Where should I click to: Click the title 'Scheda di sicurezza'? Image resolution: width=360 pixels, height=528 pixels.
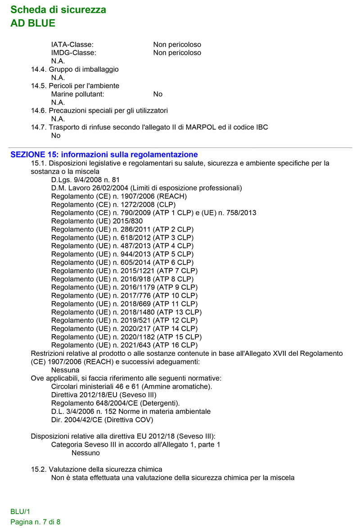pyautogui.click(x=58, y=10)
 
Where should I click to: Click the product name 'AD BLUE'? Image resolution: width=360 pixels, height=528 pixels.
pyautogui.click(x=33, y=23)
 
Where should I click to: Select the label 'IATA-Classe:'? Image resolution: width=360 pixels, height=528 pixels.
pyautogui.click(x=72, y=45)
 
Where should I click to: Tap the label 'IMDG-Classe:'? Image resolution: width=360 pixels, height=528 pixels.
pyautogui.click(x=74, y=53)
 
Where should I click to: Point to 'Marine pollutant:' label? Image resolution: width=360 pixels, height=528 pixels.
pyautogui.click(x=78, y=94)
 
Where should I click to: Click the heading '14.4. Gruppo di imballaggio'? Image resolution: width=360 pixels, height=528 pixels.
pyautogui.click(x=75, y=69)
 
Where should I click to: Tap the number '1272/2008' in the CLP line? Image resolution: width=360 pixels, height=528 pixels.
pyautogui.click(x=135, y=204)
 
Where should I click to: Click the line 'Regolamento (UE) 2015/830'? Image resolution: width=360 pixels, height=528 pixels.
pyautogui.click(x=97, y=221)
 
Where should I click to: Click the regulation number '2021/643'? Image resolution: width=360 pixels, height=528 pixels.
pyautogui.click(x=136, y=345)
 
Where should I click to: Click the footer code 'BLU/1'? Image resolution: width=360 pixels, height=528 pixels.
pyautogui.click(x=20, y=512)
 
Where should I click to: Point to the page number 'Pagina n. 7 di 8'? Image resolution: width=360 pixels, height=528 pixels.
pyautogui.click(x=36, y=522)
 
